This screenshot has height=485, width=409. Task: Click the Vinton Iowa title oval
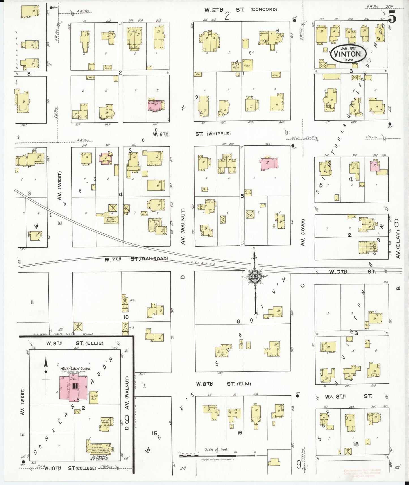click(348, 53)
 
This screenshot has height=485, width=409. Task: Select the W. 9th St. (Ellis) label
click(75, 343)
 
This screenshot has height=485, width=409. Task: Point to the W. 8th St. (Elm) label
click(224, 384)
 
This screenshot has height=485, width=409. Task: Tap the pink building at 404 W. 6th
click(269, 164)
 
